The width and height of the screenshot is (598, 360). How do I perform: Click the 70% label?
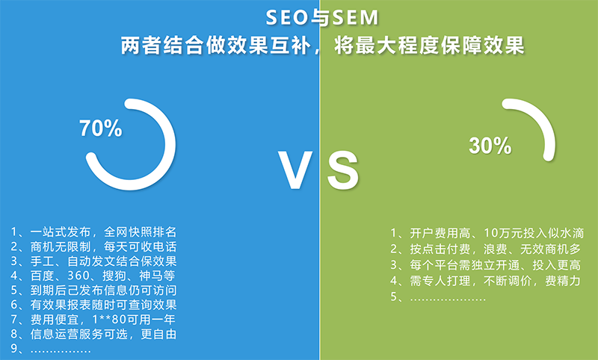(x=101, y=128)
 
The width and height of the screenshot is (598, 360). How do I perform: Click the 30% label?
(x=490, y=146)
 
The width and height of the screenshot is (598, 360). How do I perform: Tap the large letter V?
(x=295, y=170)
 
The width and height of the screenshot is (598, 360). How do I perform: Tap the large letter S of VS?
(x=343, y=170)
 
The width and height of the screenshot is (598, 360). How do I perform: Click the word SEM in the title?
(x=356, y=17)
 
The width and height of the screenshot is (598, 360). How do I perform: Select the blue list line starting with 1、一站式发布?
(x=94, y=232)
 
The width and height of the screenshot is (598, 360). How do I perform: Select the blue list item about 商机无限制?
(x=94, y=246)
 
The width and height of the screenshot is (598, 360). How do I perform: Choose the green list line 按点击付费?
(x=485, y=249)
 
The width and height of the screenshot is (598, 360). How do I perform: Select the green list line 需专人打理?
(x=485, y=281)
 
